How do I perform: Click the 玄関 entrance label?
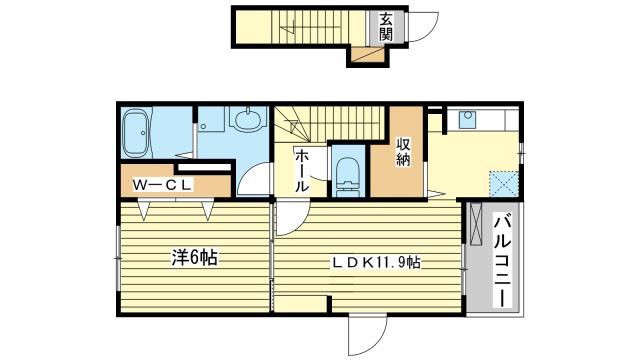click(386, 27)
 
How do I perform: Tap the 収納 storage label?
click(403, 152)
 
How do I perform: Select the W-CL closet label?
click(162, 185)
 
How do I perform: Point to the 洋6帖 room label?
click(194, 258)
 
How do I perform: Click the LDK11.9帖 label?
click(376, 262)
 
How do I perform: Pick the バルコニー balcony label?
click(502, 262)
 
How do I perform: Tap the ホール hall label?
click(302, 170)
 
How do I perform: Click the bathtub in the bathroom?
click(136, 133)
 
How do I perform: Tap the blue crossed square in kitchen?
click(504, 184)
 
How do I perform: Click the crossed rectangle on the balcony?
click(476, 224)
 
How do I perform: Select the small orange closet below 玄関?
click(368, 55)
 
